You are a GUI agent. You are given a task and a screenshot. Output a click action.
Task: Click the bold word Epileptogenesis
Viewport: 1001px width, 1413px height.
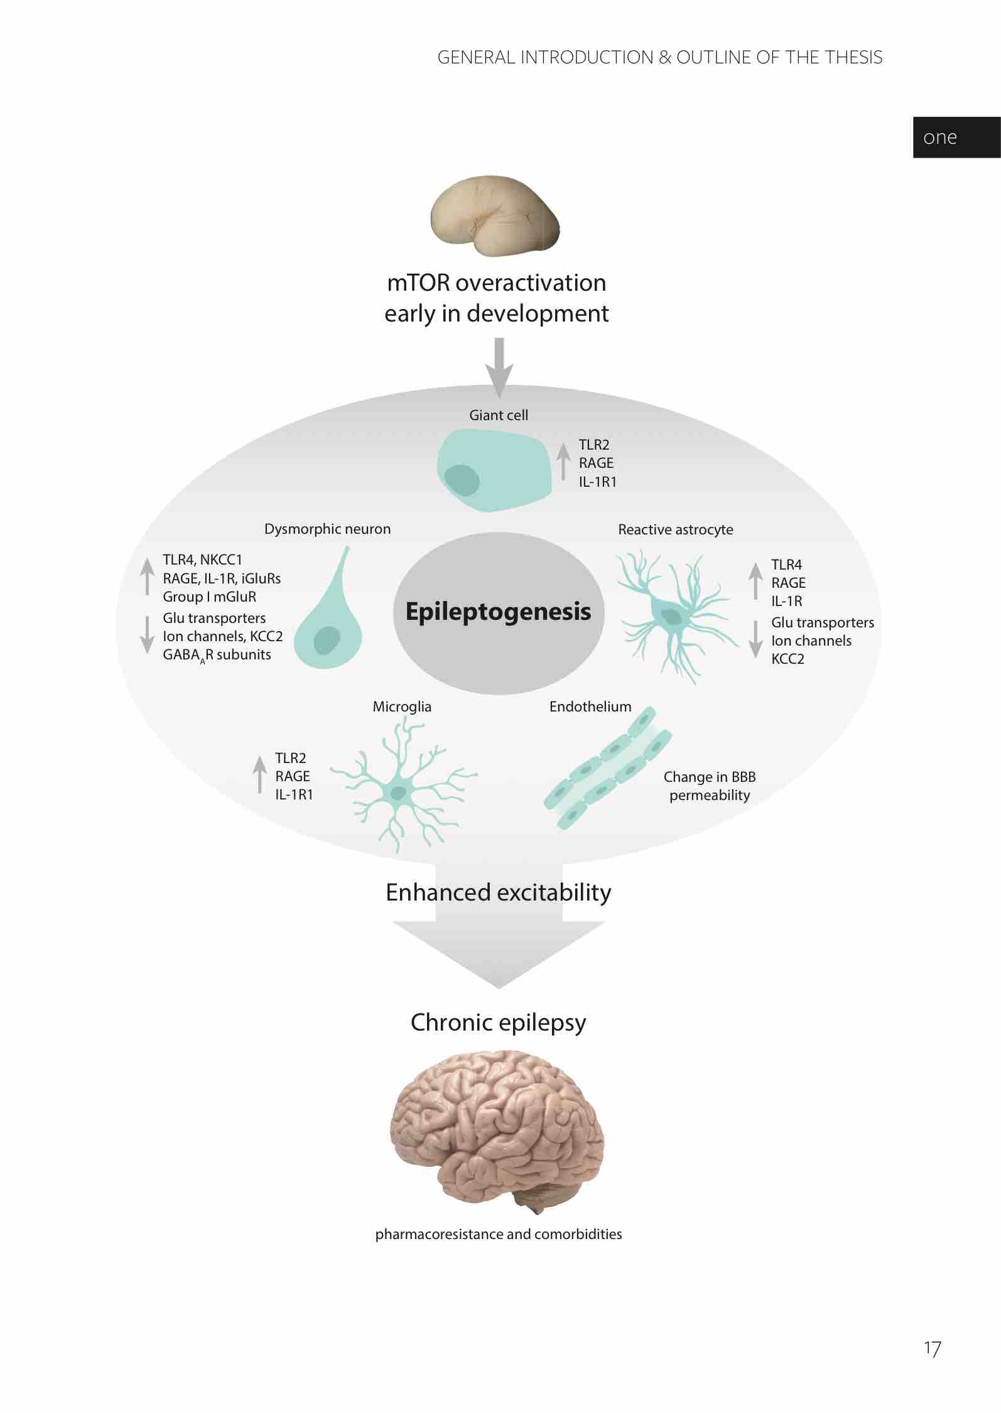pos(498,612)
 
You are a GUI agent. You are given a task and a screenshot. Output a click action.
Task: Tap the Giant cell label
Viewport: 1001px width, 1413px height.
pos(499,415)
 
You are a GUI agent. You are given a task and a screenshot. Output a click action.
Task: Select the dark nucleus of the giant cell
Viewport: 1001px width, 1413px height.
pos(462,480)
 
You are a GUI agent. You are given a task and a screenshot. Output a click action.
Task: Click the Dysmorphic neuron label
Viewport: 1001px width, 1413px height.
pos(327,529)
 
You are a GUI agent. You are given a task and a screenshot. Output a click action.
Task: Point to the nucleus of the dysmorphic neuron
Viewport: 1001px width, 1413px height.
pos(327,641)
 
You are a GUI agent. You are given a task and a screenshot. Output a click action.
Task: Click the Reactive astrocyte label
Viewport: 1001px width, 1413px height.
pos(675,529)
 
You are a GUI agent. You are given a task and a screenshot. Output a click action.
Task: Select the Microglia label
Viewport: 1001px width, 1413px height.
pos(402,706)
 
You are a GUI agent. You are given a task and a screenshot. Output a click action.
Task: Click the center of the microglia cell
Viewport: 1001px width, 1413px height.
pos(398,793)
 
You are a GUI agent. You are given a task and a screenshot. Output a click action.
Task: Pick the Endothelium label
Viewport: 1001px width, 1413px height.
pos(590,706)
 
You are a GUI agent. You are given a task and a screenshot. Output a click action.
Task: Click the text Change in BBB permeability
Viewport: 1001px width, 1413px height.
pos(710,786)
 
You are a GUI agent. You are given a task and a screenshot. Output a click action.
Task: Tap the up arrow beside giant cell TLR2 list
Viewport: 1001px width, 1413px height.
pos(564,460)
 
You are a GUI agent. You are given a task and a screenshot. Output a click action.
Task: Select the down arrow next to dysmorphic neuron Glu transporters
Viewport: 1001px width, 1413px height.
pos(147,634)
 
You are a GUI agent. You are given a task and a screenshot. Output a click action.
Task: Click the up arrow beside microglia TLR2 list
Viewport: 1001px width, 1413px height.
pos(259,774)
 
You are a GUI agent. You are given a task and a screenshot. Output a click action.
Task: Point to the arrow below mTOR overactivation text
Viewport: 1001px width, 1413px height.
pos(499,367)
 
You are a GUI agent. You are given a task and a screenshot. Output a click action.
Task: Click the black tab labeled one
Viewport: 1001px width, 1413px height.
pos(956,138)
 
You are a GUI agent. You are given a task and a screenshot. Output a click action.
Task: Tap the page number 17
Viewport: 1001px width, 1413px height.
pos(932,1348)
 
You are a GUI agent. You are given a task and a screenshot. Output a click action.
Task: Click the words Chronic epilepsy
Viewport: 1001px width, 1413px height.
pos(498,1022)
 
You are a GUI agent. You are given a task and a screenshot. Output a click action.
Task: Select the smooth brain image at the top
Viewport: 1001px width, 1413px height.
pos(495,216)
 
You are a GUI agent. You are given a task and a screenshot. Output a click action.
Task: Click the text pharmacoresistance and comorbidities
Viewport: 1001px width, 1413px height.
pos(499,1234)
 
